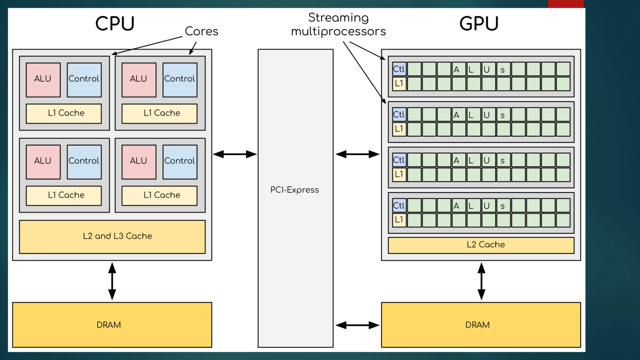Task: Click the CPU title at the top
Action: click(x=115, y=24)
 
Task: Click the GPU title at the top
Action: click(x=479, y=24)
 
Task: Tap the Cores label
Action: click(x=202, y=31)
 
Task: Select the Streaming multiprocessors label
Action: click(x=338, y=25)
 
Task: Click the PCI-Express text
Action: click(x=294, y=190)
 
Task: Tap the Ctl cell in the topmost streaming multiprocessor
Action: click(x=399, y=69)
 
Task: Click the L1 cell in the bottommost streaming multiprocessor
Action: click(x=399, y=220)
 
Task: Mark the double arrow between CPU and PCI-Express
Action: click(x=235, y=154)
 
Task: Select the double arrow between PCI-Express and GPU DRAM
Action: click(x=357, y=325)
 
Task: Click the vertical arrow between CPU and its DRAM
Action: click(x=112, y=281)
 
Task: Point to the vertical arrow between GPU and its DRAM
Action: click(x=481, y=281)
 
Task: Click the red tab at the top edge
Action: click(x=566, y=4)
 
